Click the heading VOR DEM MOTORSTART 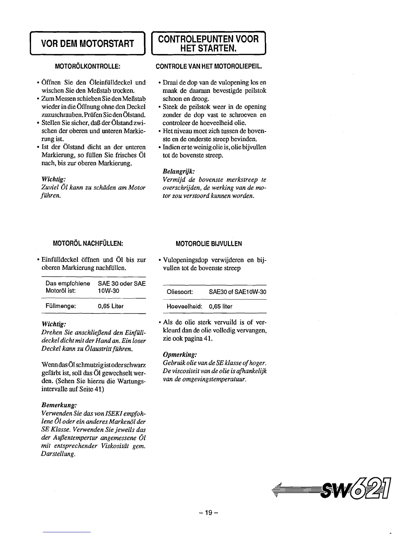coord(87,43)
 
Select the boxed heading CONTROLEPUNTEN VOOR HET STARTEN coord(209,43)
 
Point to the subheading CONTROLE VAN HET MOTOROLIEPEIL coord(209,66)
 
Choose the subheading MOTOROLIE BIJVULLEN coord(209,244)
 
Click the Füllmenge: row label coord(61,306)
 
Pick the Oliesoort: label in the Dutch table coord(180,292)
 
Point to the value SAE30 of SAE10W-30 coord(238,292)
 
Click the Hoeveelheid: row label coord(185,307)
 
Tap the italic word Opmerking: coord(180,355)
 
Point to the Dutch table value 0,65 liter coord(221,307)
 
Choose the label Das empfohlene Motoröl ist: coord(67,287)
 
